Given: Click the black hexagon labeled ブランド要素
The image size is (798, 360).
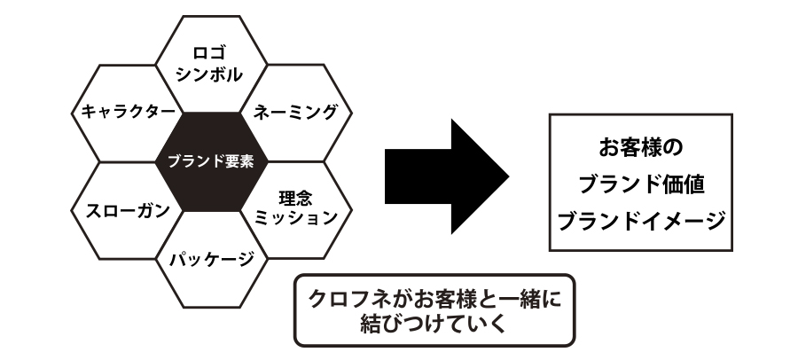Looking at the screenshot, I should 211,161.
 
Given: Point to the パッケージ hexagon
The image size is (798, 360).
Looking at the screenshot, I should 211,261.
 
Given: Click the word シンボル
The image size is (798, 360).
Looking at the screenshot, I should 211,74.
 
